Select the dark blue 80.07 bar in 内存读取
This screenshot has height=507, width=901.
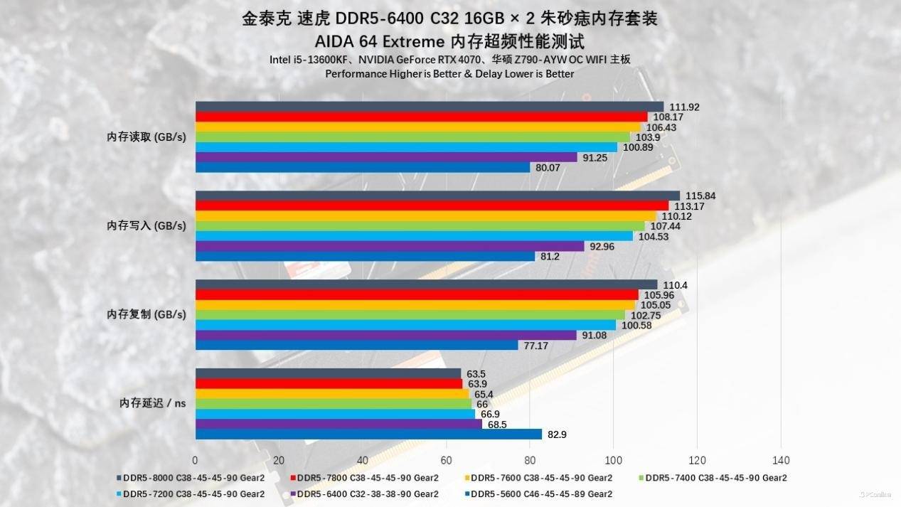(363, 168)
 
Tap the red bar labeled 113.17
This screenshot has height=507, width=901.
(432, 206)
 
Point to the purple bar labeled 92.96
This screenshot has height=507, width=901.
(389, 247)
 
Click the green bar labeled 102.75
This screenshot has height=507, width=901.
(410, 315)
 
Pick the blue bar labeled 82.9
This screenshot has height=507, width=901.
(368, 434)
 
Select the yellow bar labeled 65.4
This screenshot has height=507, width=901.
(332, 393)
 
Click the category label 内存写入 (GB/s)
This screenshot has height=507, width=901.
(146, 225)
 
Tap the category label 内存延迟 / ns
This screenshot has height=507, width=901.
(153, 403)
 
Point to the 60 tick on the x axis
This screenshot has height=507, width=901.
(446, 459)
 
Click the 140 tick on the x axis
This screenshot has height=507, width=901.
(780, 459)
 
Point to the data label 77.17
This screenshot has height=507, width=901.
(536, 346)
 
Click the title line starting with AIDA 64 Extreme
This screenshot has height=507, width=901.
(449, 40)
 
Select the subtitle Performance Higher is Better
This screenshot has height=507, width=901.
(449, 74)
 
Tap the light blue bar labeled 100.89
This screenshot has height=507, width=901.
(406, 147)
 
